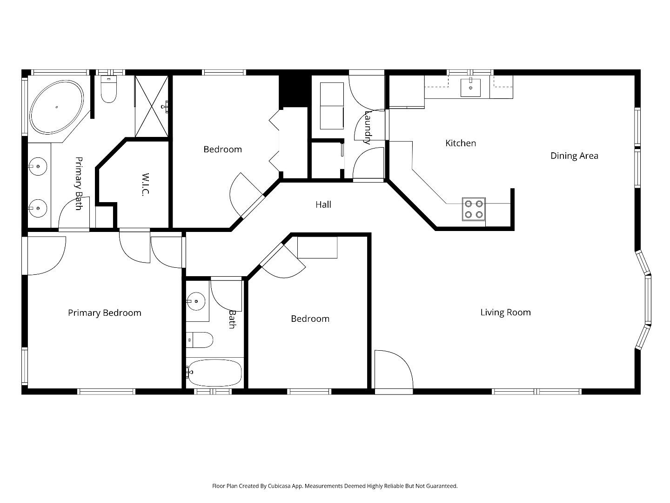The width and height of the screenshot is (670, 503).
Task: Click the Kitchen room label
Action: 461,143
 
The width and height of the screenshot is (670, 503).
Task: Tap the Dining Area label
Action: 574,156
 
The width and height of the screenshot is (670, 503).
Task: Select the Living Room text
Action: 505,313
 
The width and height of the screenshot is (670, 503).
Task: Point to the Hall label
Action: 323,204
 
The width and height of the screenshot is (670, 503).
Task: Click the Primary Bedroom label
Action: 105,313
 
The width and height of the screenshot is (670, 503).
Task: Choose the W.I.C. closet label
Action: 145,184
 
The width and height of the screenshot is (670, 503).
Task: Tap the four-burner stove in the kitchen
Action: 474,209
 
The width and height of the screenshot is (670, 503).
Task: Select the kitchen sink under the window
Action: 470,88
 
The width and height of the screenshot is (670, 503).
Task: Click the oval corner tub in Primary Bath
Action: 57,108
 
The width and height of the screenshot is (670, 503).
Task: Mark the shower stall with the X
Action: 151,106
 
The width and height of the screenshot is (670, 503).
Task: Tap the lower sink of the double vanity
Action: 37,208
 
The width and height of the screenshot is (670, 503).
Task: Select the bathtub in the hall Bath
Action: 214,372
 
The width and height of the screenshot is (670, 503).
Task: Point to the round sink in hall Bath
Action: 196,301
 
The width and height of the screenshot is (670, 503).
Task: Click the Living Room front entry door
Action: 393,371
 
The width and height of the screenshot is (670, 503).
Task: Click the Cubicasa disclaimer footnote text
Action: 335,486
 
